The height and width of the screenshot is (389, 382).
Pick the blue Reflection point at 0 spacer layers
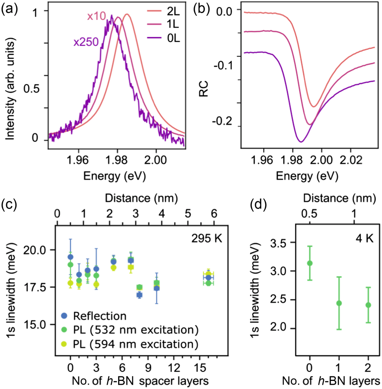pos(70,257)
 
